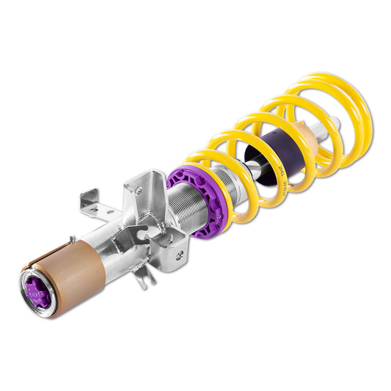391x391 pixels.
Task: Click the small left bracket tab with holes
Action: click(x=89, y=202)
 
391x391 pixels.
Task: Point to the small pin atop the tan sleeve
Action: click(x=71, y=238)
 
